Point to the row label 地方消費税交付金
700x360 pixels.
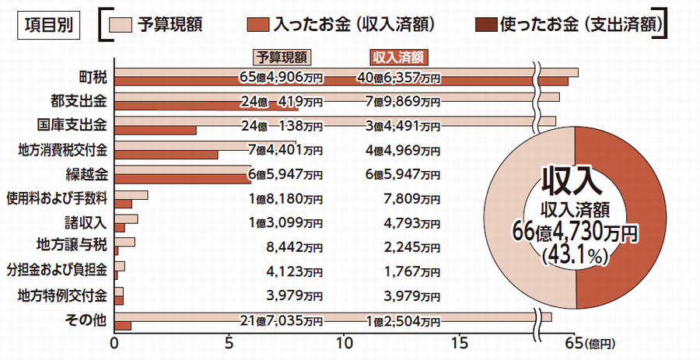65,149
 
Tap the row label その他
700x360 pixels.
91,319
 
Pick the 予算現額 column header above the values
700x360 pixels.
281,56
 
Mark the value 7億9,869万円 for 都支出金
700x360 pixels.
403,102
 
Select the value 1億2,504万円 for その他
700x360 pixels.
403,320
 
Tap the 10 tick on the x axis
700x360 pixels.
345,341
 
